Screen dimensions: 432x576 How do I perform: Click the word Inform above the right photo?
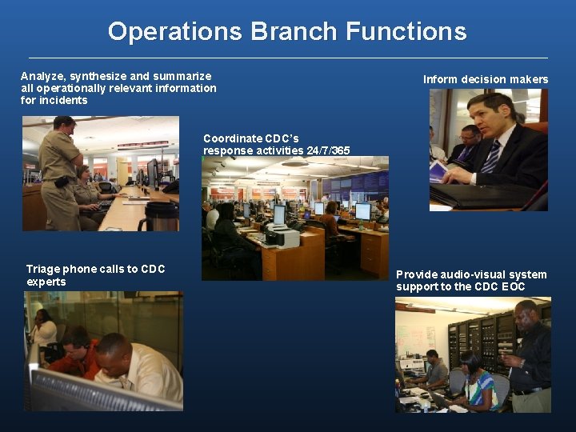tap(442, 79)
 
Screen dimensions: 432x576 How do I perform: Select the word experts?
tap(46, 282)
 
